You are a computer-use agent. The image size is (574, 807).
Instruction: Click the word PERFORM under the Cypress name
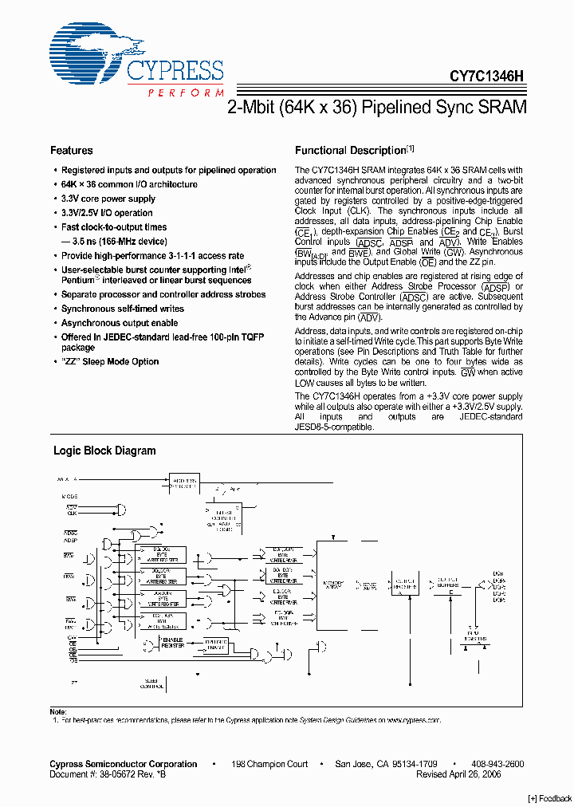186,93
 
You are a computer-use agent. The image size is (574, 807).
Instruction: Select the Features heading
72,151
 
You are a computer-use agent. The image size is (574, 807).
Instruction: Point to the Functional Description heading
351,151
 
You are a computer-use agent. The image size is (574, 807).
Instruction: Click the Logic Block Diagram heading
104,451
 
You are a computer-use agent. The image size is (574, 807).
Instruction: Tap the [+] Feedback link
550,799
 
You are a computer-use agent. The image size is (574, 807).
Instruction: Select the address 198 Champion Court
269,764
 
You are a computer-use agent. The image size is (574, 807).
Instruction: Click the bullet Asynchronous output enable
120,323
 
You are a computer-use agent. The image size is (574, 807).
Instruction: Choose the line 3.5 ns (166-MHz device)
120,241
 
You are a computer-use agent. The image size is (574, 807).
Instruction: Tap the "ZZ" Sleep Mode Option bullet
110,362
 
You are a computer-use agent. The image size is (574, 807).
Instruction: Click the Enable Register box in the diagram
172,642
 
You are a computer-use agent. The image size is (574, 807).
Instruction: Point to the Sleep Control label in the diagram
151,683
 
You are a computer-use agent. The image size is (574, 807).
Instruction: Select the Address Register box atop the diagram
186,482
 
